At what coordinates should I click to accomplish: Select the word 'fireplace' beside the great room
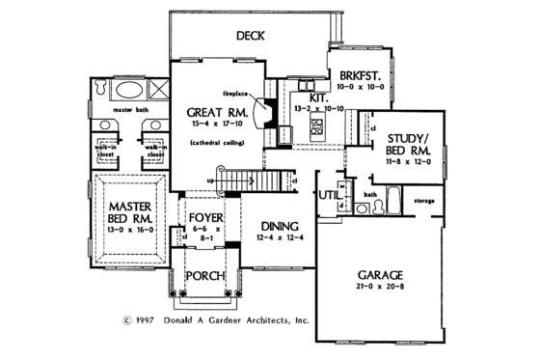pos(237,94)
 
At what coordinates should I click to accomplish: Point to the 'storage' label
pos(425,202)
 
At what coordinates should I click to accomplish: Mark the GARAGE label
pos(374,273)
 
